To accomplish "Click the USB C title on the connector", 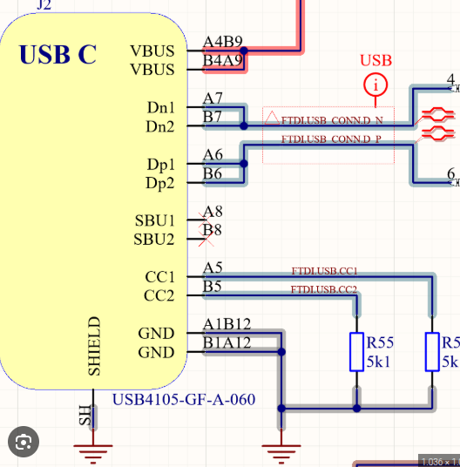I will tap(57, 54).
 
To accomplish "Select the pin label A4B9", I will tap(222, 42).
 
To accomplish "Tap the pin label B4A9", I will tap(222, 60).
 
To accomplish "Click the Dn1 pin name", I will tap(161, 108).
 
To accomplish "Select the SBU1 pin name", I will tap(154, 220).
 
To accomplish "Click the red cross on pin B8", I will tap(211, 230).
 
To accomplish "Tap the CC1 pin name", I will tap(159, 277).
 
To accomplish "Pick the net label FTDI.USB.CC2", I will tap(324, 288).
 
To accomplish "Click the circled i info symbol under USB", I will tap(375, 85).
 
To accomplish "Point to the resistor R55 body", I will tap(355, 351).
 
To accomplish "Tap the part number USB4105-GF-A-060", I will tap(184, 400).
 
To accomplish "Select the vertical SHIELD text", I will tap(96, 347).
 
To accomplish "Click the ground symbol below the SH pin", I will tap(87, 450).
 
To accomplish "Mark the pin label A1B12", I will tap(227, 324).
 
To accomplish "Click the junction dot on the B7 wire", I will tap(244, 126).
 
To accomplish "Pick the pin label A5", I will tap(213, 267).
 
